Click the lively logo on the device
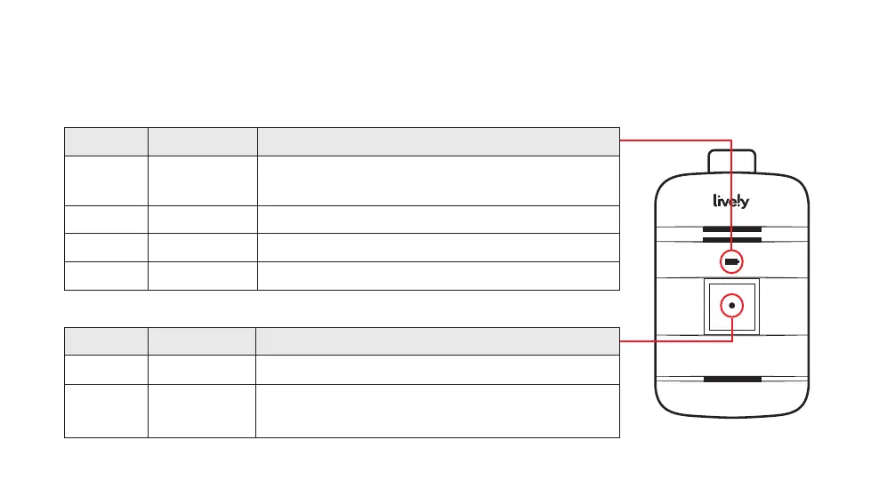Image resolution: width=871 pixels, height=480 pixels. pyautogui.click(x=731, y=202)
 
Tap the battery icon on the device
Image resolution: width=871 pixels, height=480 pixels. pyautogui.click(x=731, y=262)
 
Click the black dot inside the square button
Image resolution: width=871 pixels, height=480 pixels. pyautogui.click(x=731, y=305)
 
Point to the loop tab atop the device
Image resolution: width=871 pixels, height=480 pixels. pyautogui.click(x=731, y=162)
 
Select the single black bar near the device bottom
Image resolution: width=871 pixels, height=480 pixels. pyautogui.click(x=731, y=379)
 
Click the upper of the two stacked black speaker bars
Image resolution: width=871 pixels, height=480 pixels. pyautogui.click(x=731, y=229)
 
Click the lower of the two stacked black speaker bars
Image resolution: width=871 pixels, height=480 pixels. pyautogui.click(x=731, y=239)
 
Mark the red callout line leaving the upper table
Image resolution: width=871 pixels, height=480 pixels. pyautogui.click(x=674, y=140)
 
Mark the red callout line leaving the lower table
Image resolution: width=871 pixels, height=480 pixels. pyautogui.click(x=674, y=340)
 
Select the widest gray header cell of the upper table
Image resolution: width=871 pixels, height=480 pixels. pyautogui.click(x=438, y=141)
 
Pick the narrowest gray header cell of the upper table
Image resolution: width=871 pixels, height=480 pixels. pyautogui.click(x=106, y=141)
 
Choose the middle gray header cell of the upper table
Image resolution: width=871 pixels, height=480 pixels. pyautogui.click(x=202, y=141)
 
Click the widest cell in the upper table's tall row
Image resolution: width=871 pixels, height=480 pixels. pyautogui.click(x=438, y=180)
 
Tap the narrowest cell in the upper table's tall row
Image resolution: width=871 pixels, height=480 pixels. pyautogui.click(x=106, y=180)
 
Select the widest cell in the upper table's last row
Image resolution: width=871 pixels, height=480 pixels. pyautogui.click(x=438, y=276)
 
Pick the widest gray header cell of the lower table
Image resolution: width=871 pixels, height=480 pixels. pyautogui.click(x=438, y=341)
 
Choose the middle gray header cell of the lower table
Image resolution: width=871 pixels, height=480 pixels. pyautogui.click(x=202, y=341)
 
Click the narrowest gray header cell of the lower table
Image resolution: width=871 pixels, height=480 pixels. pyautogui.click(x=106, y=341)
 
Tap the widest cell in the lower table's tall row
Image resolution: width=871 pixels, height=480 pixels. pyautogui.click(x=438, y=410)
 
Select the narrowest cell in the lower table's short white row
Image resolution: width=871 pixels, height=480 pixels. pyautogui.click(x=106, y=369)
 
